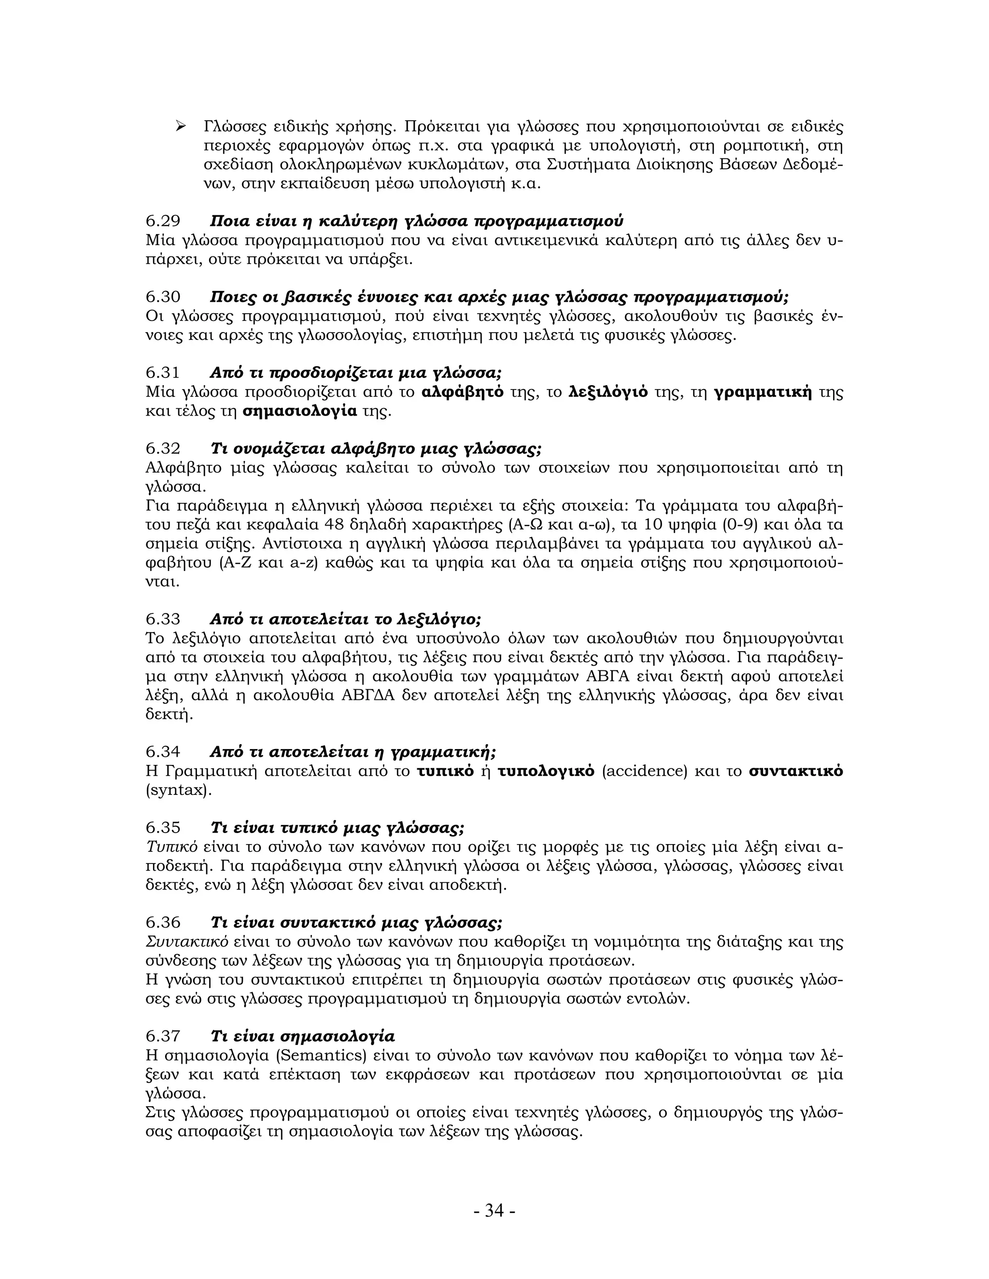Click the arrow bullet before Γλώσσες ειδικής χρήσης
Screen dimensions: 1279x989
coord(181,126)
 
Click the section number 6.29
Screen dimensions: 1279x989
coord(163,222)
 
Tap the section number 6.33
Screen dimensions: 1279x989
coord(163,619)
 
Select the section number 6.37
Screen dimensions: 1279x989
coord(163,1036)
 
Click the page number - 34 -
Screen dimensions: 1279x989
coord(494,1210)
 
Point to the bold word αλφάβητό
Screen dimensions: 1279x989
coord(462,392)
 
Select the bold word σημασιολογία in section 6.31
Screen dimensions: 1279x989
coord(299,411)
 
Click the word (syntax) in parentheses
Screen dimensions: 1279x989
coord(178,790)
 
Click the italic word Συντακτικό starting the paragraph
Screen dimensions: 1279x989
coord(186,942)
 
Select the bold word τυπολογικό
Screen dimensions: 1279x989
coord(546,771)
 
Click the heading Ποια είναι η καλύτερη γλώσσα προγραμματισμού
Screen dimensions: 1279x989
coord(416,222)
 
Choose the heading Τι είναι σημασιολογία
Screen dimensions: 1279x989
coord(302,1036)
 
